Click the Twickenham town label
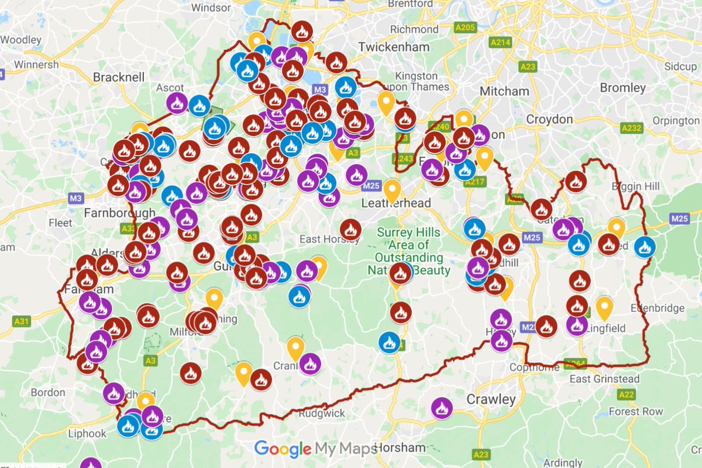point(394,47)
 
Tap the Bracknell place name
point(119,77)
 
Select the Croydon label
point(549,119)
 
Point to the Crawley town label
point(491,400)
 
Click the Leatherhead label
point(396,203)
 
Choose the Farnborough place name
point(120,212)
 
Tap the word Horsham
point(400,448)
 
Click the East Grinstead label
point(604,379)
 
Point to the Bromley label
point(622,88)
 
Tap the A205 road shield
point(465,27)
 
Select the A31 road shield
point(21,321)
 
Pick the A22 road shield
point(626,395)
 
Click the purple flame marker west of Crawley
point(442,408)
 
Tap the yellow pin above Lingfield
point(604,307)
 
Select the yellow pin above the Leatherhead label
point(391,190)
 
